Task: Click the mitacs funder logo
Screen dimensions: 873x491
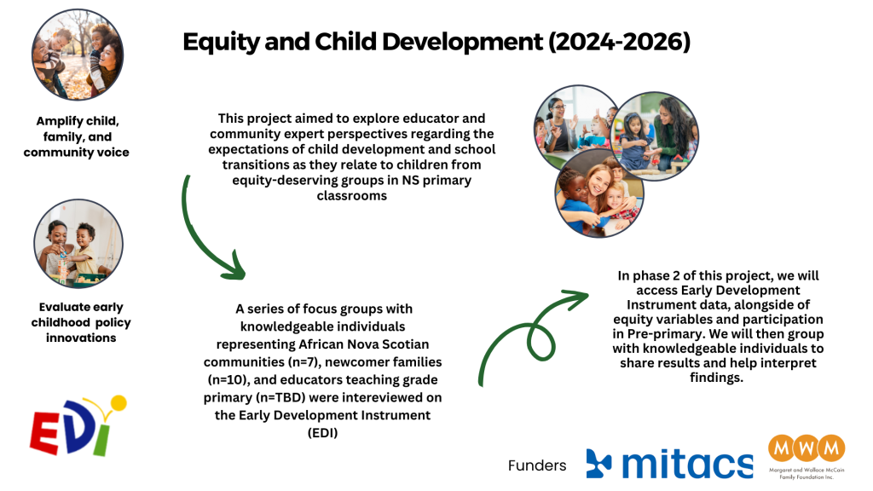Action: [669, 464]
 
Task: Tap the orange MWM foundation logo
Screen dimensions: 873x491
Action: [807, 457]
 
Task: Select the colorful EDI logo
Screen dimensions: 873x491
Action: [78, 426]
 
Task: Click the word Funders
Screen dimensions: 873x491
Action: [537, 465]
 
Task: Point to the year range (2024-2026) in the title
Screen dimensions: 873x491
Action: [619, 42]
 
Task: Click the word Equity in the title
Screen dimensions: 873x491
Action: [221, 43]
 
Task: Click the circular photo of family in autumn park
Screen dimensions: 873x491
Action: [78, 55]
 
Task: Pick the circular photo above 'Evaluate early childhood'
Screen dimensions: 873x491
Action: [78, 244]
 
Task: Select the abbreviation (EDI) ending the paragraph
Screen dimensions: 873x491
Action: [323, 432]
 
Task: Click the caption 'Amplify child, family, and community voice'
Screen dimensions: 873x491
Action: [77, 136]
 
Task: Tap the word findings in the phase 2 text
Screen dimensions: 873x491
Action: [716, 378]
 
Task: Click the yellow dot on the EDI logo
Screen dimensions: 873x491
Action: [119, 403]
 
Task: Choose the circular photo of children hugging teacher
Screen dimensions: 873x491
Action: [599, 194]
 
